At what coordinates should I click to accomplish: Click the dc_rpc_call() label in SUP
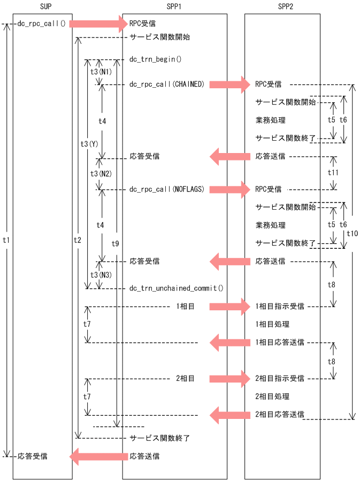(41, 24)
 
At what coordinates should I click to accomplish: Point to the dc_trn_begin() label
(155, 59)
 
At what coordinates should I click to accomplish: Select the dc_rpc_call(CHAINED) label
(166, 84)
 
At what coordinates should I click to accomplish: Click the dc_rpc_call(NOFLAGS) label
(166, 189)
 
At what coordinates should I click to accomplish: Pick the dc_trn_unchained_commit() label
(176, 288)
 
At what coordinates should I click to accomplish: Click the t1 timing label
(6, 240)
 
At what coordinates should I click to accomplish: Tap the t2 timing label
(78, 240)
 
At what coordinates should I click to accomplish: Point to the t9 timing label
(115, 243)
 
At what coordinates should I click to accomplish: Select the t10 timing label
(353, 233)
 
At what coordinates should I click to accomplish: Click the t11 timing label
(333, 173)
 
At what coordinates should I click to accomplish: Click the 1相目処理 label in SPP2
(273, 325)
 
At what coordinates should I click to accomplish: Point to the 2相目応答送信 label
(280, 414)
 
